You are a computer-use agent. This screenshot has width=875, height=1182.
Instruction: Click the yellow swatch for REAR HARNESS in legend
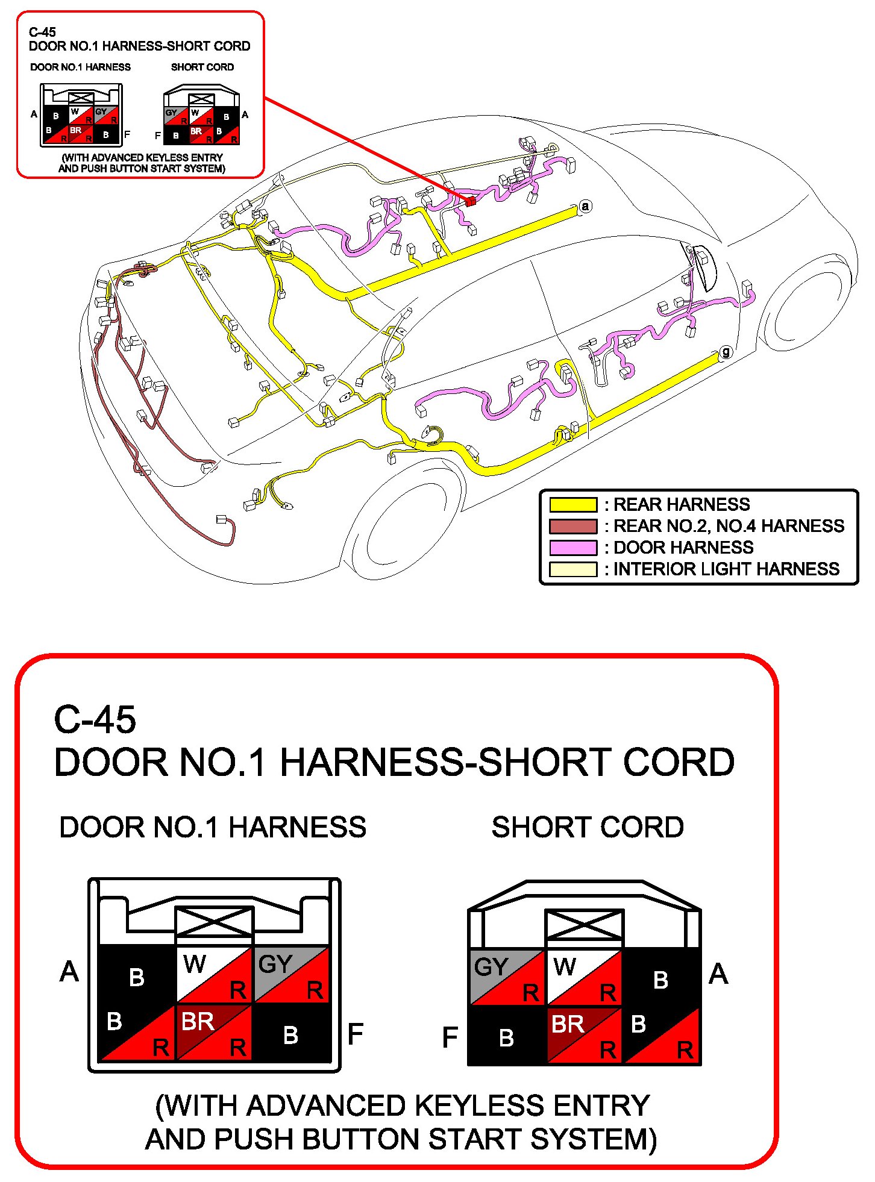click(x=572, y=504)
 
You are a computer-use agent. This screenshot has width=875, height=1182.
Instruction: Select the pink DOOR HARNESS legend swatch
click(x=572, y=548)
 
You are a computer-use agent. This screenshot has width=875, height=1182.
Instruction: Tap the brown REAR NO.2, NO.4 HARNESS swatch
click(x=572, y=526)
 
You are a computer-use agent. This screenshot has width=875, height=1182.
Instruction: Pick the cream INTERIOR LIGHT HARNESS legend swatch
click(x=572, y=569)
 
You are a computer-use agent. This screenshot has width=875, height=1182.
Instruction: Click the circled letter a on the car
click(x=585, y=206)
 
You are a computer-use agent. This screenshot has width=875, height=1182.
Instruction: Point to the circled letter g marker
click(x=726, y=352)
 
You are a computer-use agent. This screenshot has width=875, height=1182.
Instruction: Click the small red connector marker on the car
click(x=471, y=201)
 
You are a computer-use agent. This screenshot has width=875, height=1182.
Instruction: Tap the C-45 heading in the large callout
click(x=95, y=719)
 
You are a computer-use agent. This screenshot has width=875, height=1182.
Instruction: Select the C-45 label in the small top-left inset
click(x=42, y=33)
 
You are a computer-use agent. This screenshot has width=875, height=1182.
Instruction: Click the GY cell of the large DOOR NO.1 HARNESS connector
click(x=292, y=975)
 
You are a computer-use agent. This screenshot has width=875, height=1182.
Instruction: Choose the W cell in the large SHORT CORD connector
click(x=583, y=977)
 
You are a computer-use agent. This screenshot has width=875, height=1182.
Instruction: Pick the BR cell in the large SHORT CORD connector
click(x=583, y=1034)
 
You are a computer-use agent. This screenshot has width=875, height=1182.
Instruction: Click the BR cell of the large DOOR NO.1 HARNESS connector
click(x=214, y=1031)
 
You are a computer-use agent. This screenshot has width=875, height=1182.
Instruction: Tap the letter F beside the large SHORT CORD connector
click(x=450, y=1037)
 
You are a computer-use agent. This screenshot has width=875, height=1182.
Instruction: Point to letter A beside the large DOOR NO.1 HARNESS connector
click(x=69, y=972)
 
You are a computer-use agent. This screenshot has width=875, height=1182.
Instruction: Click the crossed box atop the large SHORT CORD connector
click(x=583, y=925)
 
